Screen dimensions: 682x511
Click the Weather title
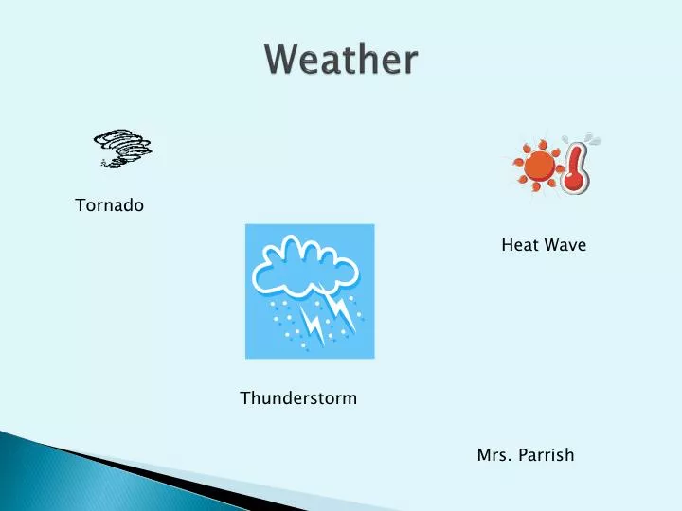point(341,59)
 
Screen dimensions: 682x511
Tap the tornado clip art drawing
point(122,149)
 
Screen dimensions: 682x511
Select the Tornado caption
point(109,205)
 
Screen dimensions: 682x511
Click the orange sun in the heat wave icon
point(539,166)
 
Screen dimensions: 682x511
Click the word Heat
point(520,245)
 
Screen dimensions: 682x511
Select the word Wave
point(565,245)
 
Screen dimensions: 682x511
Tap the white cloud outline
point(304,266)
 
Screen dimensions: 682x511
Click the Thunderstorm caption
point(298,398)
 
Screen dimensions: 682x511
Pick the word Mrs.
point(494,455)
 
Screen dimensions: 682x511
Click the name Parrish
point(547,455)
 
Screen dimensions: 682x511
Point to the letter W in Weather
point(283,59)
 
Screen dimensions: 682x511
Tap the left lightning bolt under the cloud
point(313,324)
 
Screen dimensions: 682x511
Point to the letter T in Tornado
point(81,205)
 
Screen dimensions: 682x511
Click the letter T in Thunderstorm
point(245,398)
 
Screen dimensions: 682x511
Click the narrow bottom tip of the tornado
point(104,165)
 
